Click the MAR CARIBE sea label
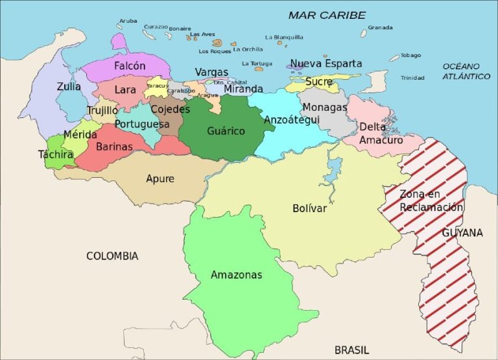[327, 15]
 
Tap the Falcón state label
[130, 66]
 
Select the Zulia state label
[69, 86]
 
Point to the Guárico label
[226, 131]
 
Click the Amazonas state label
[236, 275]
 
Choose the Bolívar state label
[309, 208]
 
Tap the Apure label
[160, 179]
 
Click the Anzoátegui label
[291, 120]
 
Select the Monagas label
[324, 107]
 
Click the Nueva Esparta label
[326, 64]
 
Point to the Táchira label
[56, 154]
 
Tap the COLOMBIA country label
[112, 256]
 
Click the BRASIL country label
[351, 350]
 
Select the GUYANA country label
[462, 232]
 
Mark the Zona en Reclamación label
[431, 200]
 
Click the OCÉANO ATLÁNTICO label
[466, 71]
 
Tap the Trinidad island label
[412, 78]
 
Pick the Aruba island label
[128, 21]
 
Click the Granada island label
[381, 27]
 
